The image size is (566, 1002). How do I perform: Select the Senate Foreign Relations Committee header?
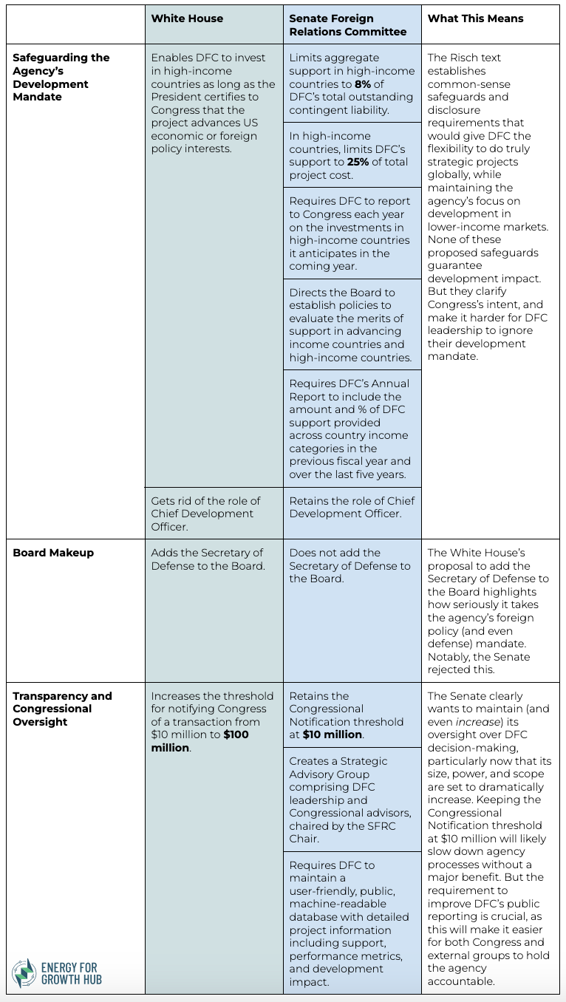click(347, 25)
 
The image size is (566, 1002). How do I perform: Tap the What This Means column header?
click(475, 18)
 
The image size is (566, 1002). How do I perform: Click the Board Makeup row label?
click(53, 553)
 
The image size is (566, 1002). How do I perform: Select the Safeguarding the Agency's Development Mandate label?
click(61, 77)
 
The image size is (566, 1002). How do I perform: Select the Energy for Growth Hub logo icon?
click(24, 973)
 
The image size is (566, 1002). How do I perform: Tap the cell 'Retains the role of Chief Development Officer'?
click(352, 507)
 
